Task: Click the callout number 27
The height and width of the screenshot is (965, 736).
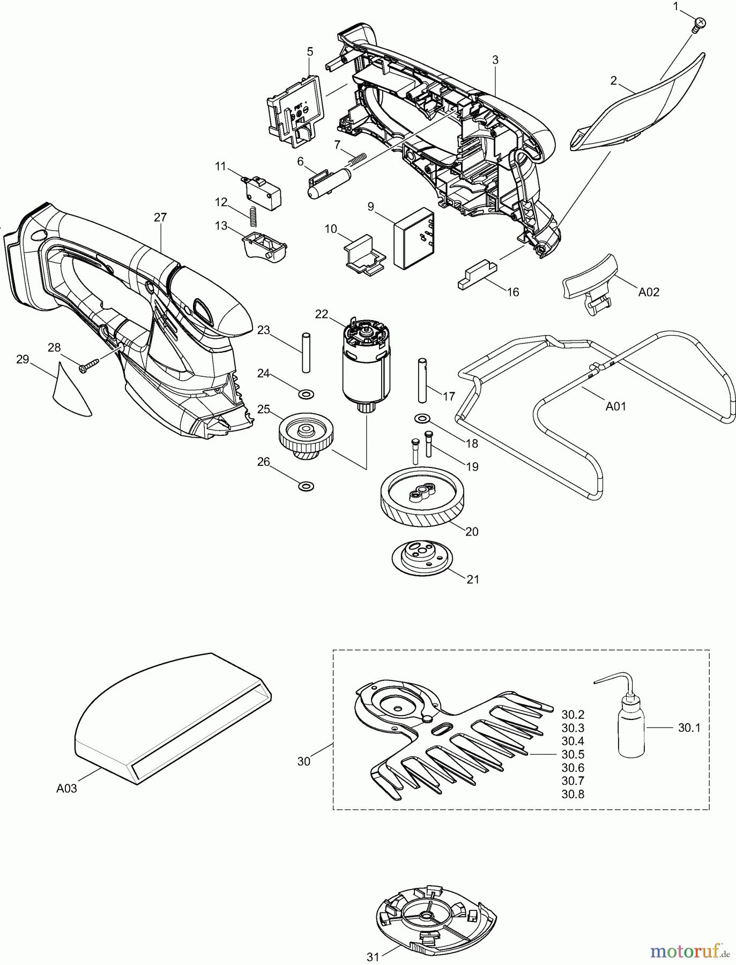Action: [x=160, y=217]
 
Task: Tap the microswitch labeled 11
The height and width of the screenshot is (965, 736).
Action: [x=263, y=188]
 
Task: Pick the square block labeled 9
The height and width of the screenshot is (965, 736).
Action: [x=413, y=238]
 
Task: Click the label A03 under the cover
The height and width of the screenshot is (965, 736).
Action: [x=66, y=788]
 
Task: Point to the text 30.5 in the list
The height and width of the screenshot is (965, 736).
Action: [x=573, y=754]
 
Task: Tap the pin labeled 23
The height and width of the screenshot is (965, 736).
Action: [x=306, y=352]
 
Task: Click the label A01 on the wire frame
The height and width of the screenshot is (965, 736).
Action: [x=615, y=406]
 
